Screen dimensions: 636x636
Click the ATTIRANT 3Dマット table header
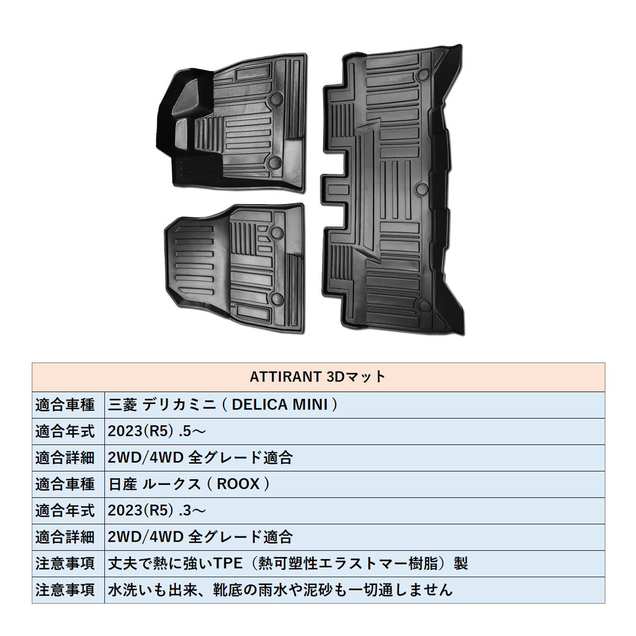click(x=317, y=377)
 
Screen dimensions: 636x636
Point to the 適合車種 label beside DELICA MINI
click(x=65, y=405)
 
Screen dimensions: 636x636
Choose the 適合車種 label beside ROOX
click(x=65, y=484)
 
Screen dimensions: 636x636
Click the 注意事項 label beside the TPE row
click(x=65, y=563)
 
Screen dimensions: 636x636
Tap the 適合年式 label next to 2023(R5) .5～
click(x=65, y=431)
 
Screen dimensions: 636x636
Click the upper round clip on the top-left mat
click(x=276, y=99)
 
